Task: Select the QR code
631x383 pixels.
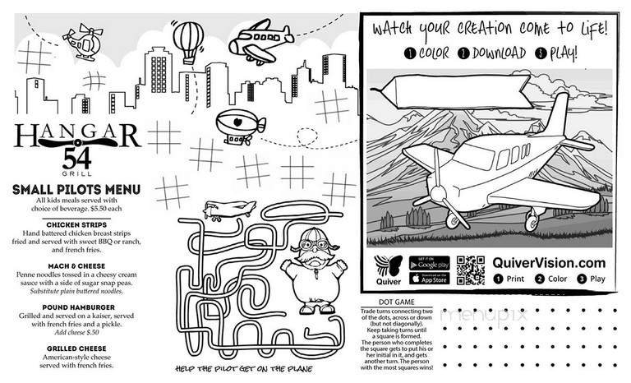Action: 470,270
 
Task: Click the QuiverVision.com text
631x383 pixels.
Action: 549,263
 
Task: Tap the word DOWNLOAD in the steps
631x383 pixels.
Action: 496,53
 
